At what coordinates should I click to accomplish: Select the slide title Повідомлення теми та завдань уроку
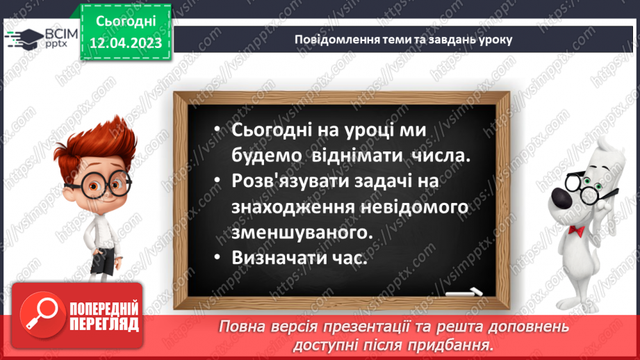403,40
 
